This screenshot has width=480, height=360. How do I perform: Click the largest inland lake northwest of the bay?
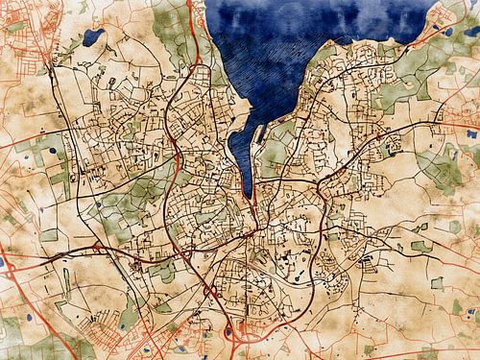tap(93, 37)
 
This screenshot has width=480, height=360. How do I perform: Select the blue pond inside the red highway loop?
tap(228, 333)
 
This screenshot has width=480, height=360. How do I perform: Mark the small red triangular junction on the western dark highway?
tap(96, 246)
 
